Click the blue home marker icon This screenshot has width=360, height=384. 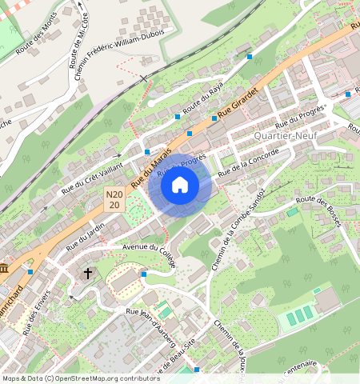[180, 186]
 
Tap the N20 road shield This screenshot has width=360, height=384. [114, 199]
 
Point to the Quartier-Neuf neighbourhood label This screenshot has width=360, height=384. [280, 136]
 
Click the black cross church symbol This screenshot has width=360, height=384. [88, 274]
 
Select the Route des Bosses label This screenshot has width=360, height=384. [318, 210]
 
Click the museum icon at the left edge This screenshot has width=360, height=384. [4, 267]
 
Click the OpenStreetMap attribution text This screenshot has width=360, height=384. [70, 378]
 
